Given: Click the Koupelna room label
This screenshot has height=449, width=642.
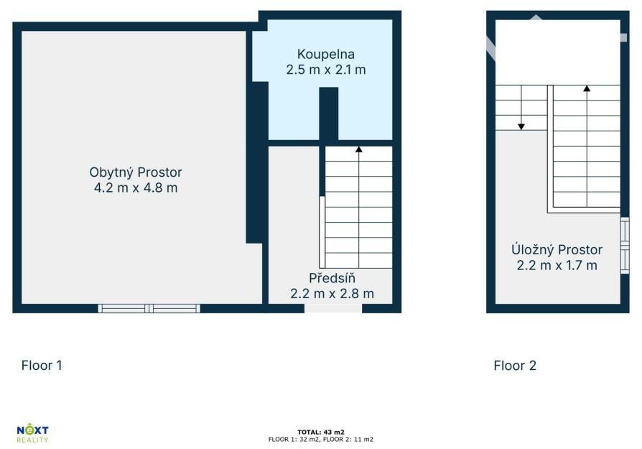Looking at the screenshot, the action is tap(325, 55).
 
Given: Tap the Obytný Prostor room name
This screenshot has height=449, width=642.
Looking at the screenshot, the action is tap(136, 172).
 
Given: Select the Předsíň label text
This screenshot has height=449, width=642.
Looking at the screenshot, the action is tap(332, 277).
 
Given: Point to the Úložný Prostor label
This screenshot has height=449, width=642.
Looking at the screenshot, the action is tap(557, 249).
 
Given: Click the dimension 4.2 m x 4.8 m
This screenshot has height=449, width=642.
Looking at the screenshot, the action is tap(136, 188).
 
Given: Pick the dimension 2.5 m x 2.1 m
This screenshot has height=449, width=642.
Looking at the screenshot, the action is tap(325, 70).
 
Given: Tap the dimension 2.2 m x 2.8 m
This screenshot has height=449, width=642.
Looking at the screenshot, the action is tap(332, 294).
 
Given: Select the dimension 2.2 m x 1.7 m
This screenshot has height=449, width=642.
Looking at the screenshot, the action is tap(557, 266).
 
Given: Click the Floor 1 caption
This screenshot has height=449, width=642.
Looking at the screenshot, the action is tap(42, 366).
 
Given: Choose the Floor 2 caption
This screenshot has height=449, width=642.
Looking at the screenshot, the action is tap(515, 366).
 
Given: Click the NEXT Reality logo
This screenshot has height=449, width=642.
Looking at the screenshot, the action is tap(32, 434).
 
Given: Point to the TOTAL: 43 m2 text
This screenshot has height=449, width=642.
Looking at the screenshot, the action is tap(320, 432).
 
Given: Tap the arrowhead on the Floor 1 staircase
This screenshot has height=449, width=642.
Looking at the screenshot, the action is tap(358, 149).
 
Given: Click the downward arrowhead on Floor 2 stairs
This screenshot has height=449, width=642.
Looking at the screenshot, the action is tap(521, 126).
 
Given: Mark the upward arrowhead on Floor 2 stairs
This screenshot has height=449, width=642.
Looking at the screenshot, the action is tap(587, 88).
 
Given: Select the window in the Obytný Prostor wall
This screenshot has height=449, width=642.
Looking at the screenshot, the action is tap(149, 308).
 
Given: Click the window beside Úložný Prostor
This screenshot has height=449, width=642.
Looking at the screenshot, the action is tap(625, 246).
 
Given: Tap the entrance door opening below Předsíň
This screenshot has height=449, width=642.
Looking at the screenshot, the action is tap(333, 308).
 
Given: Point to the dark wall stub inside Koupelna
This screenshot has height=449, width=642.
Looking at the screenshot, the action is tap(328, 114).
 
